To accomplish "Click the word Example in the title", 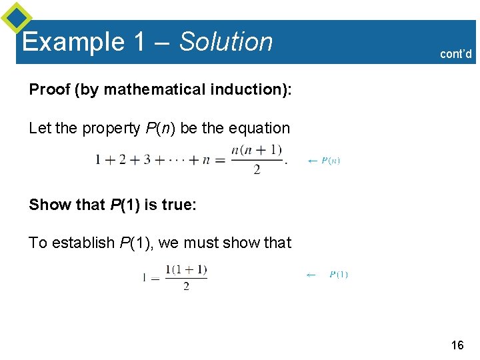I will tap(73, 42).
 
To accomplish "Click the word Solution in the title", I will tap(226, 41).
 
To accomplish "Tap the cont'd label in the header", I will tap(456, 54).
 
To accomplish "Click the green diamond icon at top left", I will tap(17, 18).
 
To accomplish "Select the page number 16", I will tap(457, 345).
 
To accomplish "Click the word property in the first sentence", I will tap(111, 128).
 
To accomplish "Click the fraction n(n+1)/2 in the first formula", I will tap(257, 160).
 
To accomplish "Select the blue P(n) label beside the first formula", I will tap(331, 161).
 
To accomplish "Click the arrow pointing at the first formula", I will tap(312, 161).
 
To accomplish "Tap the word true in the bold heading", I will tap(175, 205).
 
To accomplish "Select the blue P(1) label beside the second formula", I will tap(339, 275).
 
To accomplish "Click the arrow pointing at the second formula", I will tap(311, 275).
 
